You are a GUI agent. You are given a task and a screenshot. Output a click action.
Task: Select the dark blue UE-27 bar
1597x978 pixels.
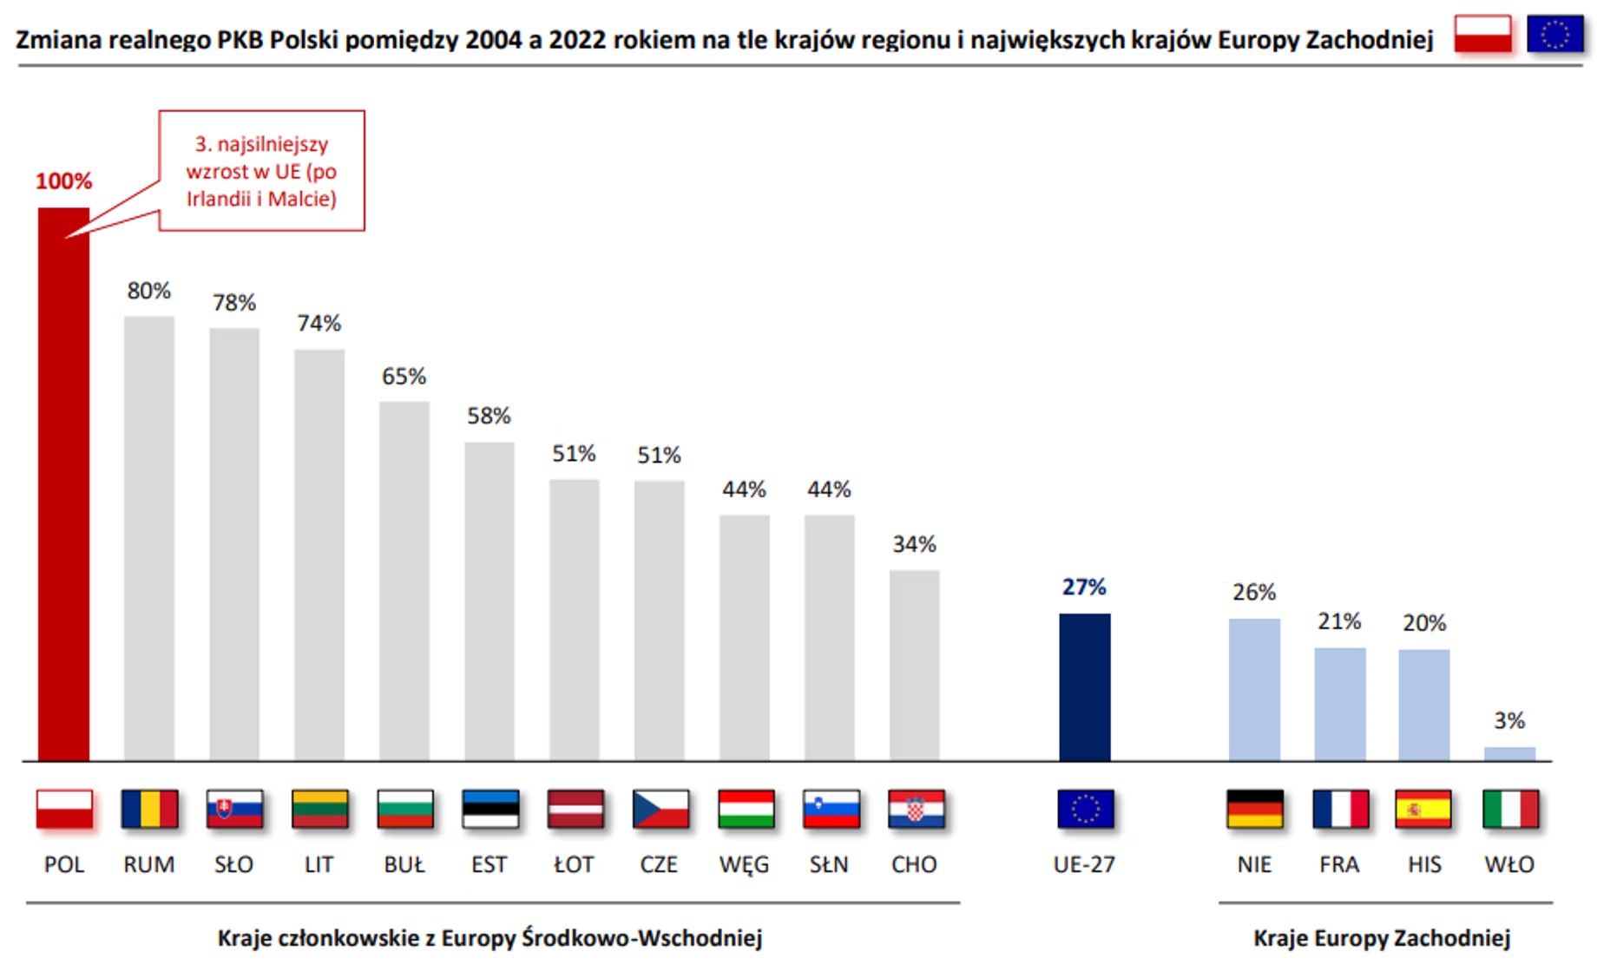[x=1084, y=687]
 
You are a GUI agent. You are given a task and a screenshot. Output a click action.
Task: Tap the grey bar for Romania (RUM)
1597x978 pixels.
[x=148, y=538]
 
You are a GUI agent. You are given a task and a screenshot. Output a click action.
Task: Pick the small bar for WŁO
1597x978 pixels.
[x=1509, y=754]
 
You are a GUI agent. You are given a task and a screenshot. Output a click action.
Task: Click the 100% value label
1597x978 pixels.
[x=63, y=181]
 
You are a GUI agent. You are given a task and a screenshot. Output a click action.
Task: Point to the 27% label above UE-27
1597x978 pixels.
[x=1084, y=587]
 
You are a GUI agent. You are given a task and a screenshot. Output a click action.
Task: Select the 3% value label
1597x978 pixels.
[x=1509, y=720]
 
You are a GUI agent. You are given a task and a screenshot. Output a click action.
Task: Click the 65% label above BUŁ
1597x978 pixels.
[x=404, y=377]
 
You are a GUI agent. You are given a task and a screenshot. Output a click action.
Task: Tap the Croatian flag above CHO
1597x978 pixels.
[x=916, y=809]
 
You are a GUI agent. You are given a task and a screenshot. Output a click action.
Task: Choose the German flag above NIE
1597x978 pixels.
[x=1255, y=809]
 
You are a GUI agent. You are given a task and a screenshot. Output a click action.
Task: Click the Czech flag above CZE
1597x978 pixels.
[x=660, y=809]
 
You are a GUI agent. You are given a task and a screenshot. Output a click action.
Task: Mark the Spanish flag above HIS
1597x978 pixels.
[x=1423, y=809]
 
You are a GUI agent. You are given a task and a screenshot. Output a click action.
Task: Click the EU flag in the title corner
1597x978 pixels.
[x=1554, y=35]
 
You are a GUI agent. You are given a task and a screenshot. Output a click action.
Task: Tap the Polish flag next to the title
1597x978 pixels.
[x=1482, y=35]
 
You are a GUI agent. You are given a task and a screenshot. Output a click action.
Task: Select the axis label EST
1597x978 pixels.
[x=489, y=864]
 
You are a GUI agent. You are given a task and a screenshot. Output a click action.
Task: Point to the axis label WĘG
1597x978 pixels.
[x=744, y=864]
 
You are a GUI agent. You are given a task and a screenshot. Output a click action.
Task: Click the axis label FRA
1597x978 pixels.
[x=1339, y=864]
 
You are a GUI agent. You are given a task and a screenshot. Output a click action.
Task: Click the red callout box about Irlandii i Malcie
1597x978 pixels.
[x=261, y=171]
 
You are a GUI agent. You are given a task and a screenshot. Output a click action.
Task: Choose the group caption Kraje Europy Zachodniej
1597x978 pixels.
[x=1382, y=938]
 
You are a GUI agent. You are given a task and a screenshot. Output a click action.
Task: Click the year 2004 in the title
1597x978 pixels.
[x=493, y=40]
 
